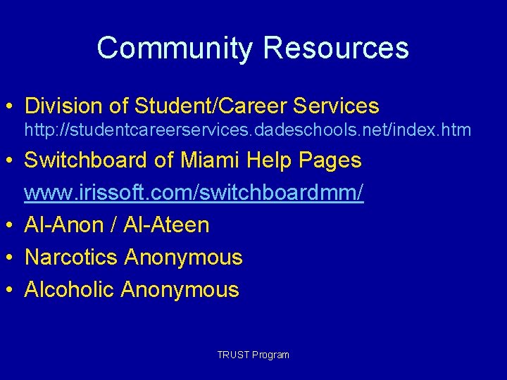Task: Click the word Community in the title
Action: click(x=175, y=49)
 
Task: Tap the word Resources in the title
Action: click(x=335, y=49)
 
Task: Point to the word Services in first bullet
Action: click(x=335, y=106)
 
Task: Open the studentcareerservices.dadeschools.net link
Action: click(x=248, y=130)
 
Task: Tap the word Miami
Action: click(x=209, y=160)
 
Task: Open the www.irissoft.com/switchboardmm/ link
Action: click(x=194, y=193)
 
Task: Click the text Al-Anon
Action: click(x=63, y=225)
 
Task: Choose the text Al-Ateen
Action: click(x=166, y=225)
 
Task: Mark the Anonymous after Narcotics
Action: click(x=183, y=258)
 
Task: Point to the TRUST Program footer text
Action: click(x=254, y=355)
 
